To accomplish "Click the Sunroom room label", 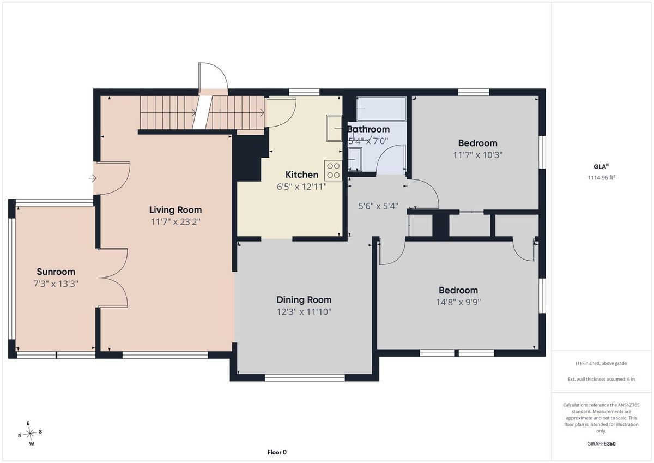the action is pyautogui.click(x=56, y=272).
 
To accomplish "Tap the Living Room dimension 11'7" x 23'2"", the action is pyautogui.click(x=175, y=222).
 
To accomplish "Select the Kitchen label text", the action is pyautogui.click(x=301, y=175).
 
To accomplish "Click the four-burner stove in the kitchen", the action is pyautogui.click(x=333, y=170).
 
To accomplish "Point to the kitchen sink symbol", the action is pyautogui.click(x=334, y=128).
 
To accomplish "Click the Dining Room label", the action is pyautogui.click(x=304, y=300).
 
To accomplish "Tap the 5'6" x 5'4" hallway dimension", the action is pyautogui.click(x=378, y=206).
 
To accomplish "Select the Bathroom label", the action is pyautogui.click(x=368, y=129).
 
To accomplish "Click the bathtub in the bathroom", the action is pyautogui.click(x=381, y=109).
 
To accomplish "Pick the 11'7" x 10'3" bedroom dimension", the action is pyautogui.click(x=477, y=155).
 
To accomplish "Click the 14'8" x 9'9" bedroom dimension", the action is pyautogui.click(x=458, y=302).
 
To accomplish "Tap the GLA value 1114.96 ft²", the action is pyautogui.click(x=601, y=177).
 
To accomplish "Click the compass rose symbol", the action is pyautogui.click(x=30, y=433).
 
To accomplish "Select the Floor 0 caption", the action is pyautogui.click(x=277, y=452).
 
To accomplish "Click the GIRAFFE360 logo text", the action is pyautogui.click(x=601, y=444).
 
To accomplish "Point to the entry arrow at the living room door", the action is pyautogui.click(x=93, y=178).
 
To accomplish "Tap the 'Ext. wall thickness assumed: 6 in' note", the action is pyautogui.click(x=601, y=379).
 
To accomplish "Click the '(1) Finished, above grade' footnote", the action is pyautogui.click(x=601, y=363).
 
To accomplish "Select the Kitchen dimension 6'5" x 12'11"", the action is pyautogui.click(x=301, y=187).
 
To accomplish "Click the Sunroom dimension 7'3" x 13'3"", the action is pyautogui.click(x=56, y=284).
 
